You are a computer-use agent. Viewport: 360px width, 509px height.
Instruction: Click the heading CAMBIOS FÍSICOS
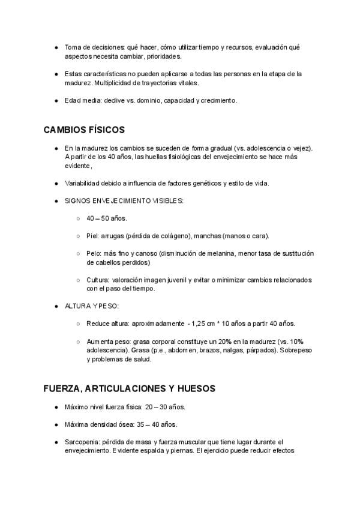pos(84,130)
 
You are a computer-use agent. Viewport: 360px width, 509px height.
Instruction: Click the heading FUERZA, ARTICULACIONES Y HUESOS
pos(130,388)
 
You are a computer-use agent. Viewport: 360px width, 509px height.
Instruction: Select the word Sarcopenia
pos(82,442)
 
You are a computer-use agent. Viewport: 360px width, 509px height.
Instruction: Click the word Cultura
pos(98,280)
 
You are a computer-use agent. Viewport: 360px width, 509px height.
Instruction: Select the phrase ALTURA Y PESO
pos(91,306)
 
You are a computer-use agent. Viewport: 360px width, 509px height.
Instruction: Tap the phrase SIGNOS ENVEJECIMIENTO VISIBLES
pos(124,200)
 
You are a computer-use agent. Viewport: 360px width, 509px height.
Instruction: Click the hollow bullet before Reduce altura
pos(79,324)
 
